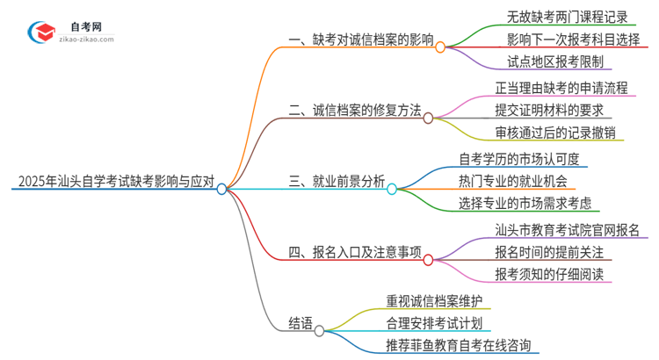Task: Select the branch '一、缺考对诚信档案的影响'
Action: [x=361, y=40]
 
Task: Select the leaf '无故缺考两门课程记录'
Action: [x=555, y=17]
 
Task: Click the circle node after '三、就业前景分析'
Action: [x=392, y=188]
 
